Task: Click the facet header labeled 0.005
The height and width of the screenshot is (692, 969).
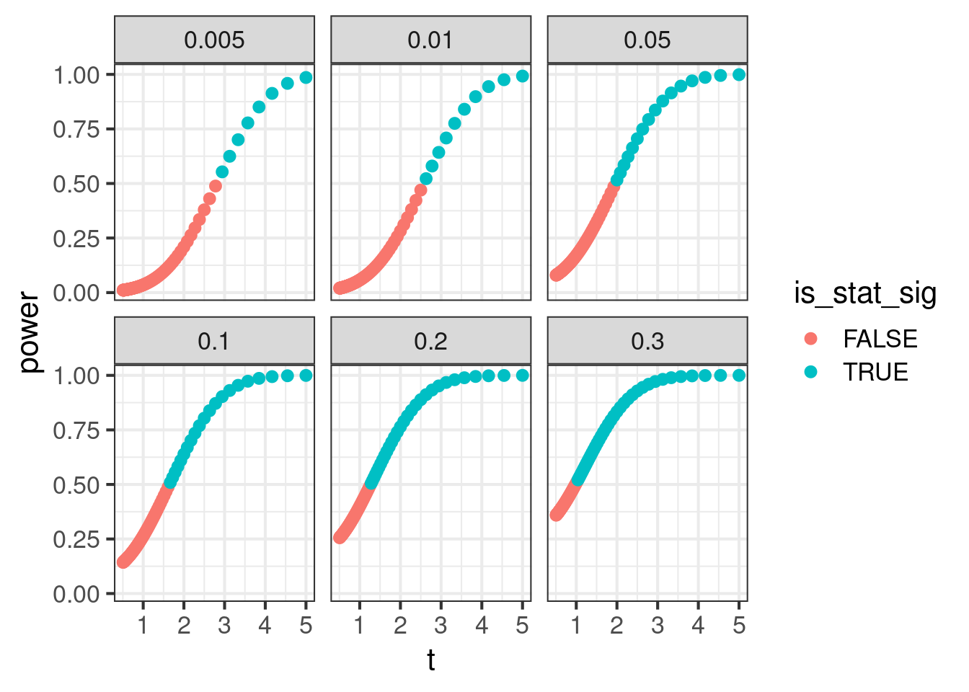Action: [214, 40]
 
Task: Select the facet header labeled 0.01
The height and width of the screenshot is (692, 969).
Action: [430, 40]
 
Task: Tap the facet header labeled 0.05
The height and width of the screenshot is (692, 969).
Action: [647, 40]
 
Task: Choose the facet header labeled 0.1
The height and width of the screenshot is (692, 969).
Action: [214, 341]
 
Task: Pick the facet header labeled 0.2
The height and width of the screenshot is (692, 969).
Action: [430, 341]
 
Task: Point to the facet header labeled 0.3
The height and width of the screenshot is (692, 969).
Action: [647, 341]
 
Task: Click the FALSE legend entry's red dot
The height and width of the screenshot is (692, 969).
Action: [811, 339]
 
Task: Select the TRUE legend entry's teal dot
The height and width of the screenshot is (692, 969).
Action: [811, 372]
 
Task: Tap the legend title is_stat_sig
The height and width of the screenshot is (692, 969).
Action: [865, 293]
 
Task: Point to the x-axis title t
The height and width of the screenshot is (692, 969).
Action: [430, 660]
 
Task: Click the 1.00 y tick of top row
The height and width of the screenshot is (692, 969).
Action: [76, 74]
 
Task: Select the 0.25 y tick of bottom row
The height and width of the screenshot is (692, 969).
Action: [76, 539]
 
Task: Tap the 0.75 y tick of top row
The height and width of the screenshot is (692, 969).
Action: [76, 129]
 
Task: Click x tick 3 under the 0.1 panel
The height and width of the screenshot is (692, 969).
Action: [224, 625]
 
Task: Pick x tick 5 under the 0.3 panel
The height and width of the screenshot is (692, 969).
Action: [738, 625]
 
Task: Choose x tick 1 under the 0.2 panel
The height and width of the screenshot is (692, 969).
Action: [359, 625]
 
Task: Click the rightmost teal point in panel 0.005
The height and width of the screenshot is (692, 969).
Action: [306, 77]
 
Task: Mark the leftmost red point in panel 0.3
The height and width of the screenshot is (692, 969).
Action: [555, 515]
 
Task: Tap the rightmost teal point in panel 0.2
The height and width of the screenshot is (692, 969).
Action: [522, 375]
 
